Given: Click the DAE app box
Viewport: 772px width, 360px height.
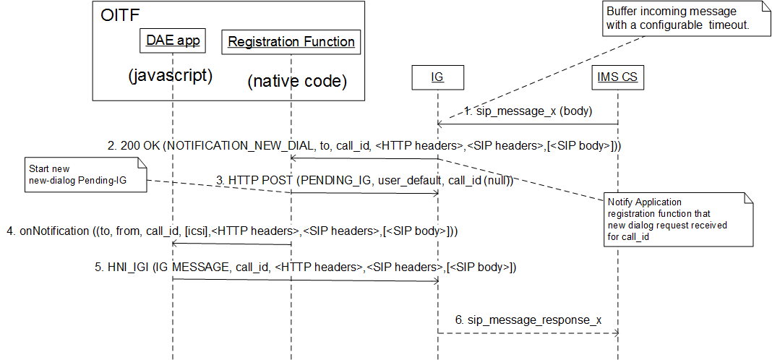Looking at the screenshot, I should [x=173, y=42].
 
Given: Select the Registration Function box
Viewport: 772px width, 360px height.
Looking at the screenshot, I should [x=291, y=42].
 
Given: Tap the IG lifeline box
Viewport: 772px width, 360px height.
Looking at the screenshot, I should [x=437, y=77].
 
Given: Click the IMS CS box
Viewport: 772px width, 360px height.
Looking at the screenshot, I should [x=617, y=77].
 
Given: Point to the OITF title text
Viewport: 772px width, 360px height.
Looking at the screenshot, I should [x=120, y=15].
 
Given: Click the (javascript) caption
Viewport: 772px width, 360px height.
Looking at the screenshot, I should [x=170, y=75].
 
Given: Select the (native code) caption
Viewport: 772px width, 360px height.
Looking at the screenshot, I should [x=297, y=82].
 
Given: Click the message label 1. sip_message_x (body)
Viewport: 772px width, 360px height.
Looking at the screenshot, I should [x=528, y=112].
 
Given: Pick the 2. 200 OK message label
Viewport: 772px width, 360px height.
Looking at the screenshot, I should [x=364, y=145].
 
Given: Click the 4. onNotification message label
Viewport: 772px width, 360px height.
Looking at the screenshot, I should [x=232, y=231].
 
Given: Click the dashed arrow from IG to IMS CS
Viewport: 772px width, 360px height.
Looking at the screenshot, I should [x=528, y=333].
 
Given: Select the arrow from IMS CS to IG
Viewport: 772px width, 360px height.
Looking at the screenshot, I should [x=528, y=124].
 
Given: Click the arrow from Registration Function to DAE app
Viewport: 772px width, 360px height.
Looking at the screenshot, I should [x=232, y=244].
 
